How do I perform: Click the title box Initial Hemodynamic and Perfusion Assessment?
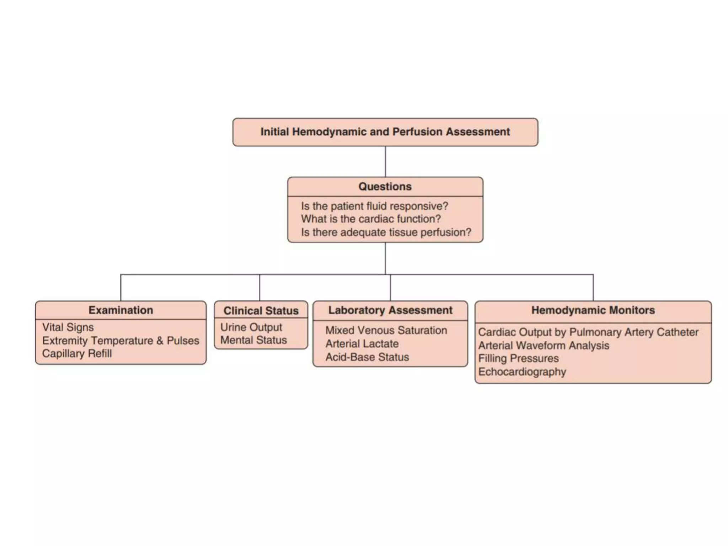point(385,132)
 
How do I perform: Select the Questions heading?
point(385,187)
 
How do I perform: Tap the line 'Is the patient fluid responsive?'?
point(374,206)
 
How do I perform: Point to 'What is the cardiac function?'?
point(371,219)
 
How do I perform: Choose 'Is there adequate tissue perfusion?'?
point(386,232)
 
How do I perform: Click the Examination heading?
point(121,310)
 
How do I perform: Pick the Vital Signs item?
point(68,327)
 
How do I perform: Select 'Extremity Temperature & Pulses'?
point(121,341)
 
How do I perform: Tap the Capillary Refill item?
point(77,354)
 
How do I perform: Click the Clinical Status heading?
point(261,311)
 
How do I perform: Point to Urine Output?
point(251,327)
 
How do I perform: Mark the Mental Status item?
point(253,340)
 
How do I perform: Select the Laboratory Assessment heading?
point(390,310)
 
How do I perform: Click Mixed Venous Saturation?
point(386,331)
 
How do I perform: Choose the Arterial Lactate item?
point(362,344)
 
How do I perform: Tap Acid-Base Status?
point(367,357)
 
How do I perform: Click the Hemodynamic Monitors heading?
point(593,310)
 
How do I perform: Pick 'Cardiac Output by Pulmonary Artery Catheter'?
point(588,332)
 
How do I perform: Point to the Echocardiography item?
point(522,372)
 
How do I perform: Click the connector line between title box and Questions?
point(385,162)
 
